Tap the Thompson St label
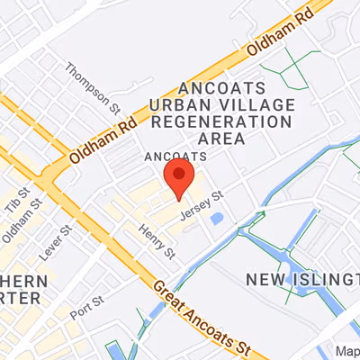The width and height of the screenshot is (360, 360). click(x=93, y=86)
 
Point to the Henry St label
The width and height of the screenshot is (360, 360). click(x=157, y=245)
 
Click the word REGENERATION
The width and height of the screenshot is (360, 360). click(x=236, y=121)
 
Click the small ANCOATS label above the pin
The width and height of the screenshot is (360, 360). click(x=175, y=157)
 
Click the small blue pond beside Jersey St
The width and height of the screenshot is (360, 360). click(x=215, y=219)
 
